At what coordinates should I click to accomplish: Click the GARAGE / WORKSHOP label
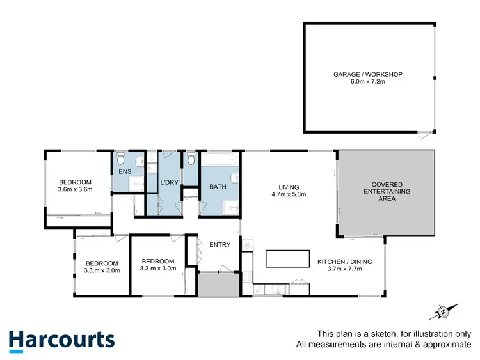click(x=367, y=75)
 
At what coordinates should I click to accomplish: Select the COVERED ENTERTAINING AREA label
click(x=387, y=191)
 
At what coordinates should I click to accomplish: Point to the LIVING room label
click(x=285, y=187)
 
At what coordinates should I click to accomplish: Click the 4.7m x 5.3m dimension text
click(x=285, y=194)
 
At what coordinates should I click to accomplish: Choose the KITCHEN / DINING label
click(x=344, y=262)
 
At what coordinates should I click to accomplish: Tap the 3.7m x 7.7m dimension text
click(x=344, y=269)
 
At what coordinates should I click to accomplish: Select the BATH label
click(x=218, y=187)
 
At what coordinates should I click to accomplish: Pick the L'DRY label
click(x=169, y=183)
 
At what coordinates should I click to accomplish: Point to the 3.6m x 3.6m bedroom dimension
click(x=76, y=189)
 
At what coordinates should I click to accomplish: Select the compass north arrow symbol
click(x=442, y=311)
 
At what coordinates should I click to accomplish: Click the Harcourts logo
click(x=61, y=340)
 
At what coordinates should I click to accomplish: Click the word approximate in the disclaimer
click(x=446, y=345)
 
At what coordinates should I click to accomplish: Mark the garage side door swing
click(x=424, y=136)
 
